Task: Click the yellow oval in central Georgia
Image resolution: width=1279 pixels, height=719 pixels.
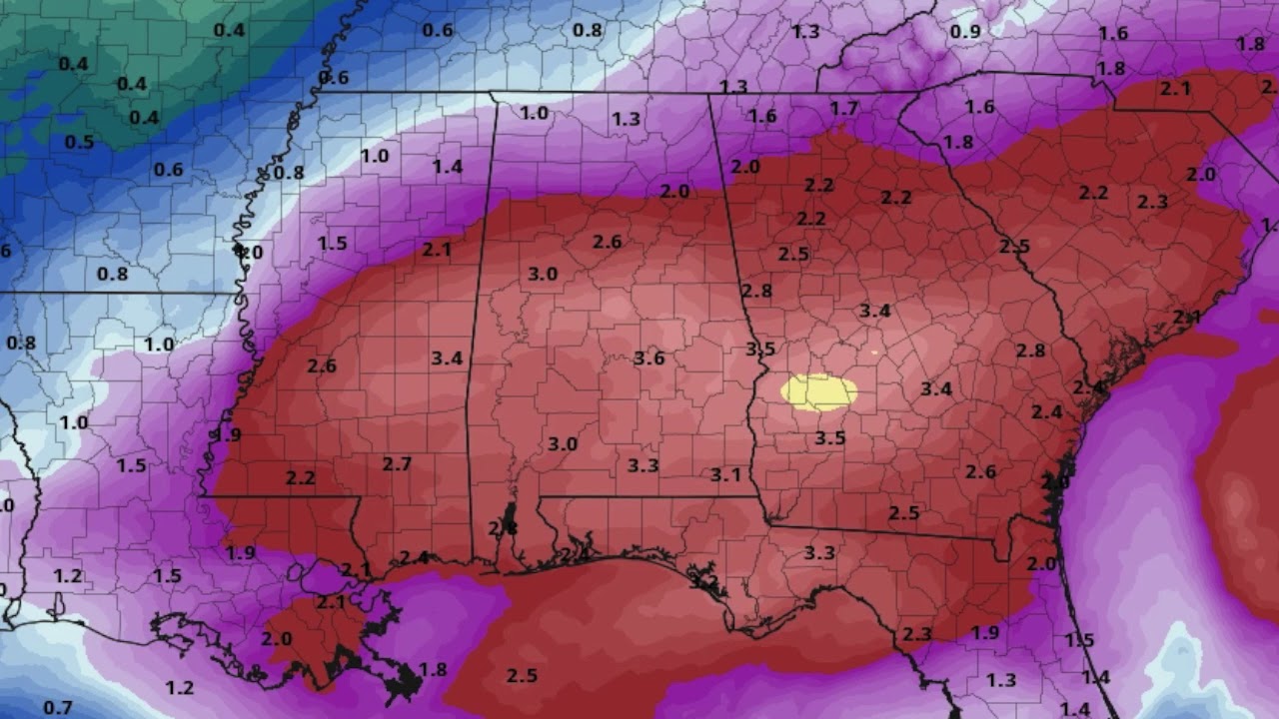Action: (819, 391)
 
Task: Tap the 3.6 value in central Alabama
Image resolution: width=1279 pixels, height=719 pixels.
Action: (648, 358)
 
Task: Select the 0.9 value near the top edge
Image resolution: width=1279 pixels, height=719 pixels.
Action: (965, 32)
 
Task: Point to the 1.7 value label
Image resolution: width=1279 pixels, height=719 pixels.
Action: (844, 108)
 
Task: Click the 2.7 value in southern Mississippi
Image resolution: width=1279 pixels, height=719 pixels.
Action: (397, 463)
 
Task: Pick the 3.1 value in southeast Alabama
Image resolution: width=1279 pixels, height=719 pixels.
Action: (725, 474)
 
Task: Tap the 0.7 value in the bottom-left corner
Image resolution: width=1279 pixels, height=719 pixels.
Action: (58, 708)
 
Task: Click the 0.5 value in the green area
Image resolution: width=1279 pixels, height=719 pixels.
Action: (79, 142)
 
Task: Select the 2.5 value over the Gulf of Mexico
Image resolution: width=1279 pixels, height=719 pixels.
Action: (522, 676)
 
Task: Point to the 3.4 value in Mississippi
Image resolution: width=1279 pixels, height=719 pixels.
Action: (447, 358)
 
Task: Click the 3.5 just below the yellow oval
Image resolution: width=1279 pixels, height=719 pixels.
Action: (829, 437)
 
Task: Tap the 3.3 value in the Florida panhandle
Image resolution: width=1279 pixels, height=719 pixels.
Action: (819, 552)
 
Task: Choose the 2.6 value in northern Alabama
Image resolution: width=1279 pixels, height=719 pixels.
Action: (607, 242)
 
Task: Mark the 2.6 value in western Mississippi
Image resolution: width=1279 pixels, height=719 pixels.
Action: (322, 365)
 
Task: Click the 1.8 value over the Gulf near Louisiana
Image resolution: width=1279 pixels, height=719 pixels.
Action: (433, 669)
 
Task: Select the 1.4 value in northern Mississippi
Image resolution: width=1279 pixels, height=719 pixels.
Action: (447, 167)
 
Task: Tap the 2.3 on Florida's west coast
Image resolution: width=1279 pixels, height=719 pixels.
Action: (916, 634)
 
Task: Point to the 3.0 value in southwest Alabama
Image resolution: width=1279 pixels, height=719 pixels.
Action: (563, 443)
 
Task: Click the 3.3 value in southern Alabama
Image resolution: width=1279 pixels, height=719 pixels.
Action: (642, 464)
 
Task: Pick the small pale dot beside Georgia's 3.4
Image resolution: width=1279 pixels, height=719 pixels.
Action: (874, 352)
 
